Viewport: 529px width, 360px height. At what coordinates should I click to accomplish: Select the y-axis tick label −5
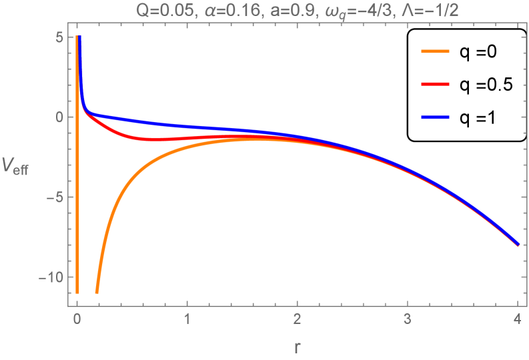(x=55, y=197)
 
